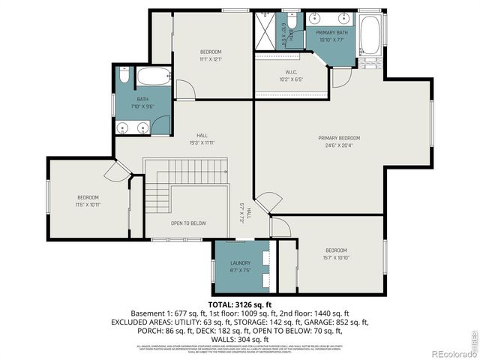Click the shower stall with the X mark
[266, 32]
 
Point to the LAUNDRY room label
[240, 263]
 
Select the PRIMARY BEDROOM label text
[339, 138]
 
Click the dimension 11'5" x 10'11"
[88, 204]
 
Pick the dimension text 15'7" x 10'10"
[336, 257]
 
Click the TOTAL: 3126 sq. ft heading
[240, 305]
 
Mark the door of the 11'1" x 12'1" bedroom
[185, 88]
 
